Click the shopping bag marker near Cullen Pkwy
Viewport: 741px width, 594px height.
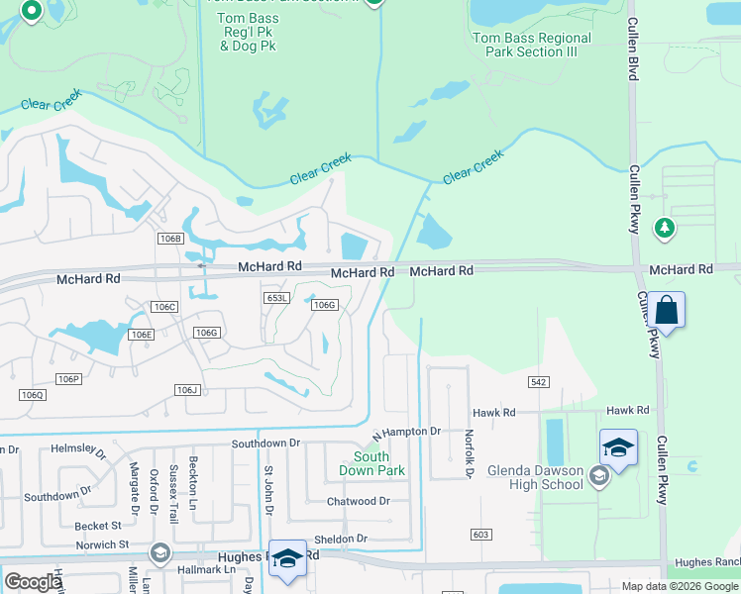[668, 311]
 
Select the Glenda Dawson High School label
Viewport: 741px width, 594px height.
[535, 477]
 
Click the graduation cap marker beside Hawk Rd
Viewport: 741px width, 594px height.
[618, 448]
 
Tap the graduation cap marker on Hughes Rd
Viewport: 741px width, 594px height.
[287, 558]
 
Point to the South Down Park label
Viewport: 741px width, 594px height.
[371, 463]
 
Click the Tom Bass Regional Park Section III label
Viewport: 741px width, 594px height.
[532, 45]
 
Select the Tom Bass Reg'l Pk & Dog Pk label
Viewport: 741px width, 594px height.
[248, 32]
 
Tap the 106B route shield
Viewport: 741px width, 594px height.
[170, 239]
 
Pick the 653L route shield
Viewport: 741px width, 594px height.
[276, 298]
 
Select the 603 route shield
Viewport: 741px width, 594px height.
[481, 535]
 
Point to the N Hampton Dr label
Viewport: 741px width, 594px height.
[406, 433]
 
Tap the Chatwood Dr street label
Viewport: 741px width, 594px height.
[359, 502]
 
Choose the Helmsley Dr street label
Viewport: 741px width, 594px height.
[78, 449]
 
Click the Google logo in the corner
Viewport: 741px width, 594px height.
[33, 582]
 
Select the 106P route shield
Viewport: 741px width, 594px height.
[68, 379]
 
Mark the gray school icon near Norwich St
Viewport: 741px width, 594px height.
[159, 551]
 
